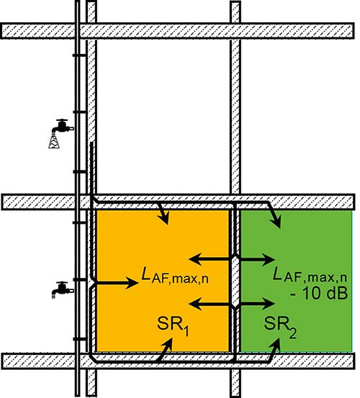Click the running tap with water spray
click(62, 132)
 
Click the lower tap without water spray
click(63, 289)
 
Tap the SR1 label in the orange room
click(173, 325)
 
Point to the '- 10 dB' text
click(319, 294)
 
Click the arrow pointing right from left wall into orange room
click(116, 283)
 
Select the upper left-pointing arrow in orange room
click(210, 259)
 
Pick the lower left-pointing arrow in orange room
click(210, 304)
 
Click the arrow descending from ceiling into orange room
click(163, 213)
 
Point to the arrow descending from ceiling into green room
click(274, 214)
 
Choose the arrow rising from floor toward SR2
click(275, 350)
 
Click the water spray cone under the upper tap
click(55, 141)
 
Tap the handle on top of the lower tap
click(62, 283)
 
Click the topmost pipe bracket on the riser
click(79, 55)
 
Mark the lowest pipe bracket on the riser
click(79, 339)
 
